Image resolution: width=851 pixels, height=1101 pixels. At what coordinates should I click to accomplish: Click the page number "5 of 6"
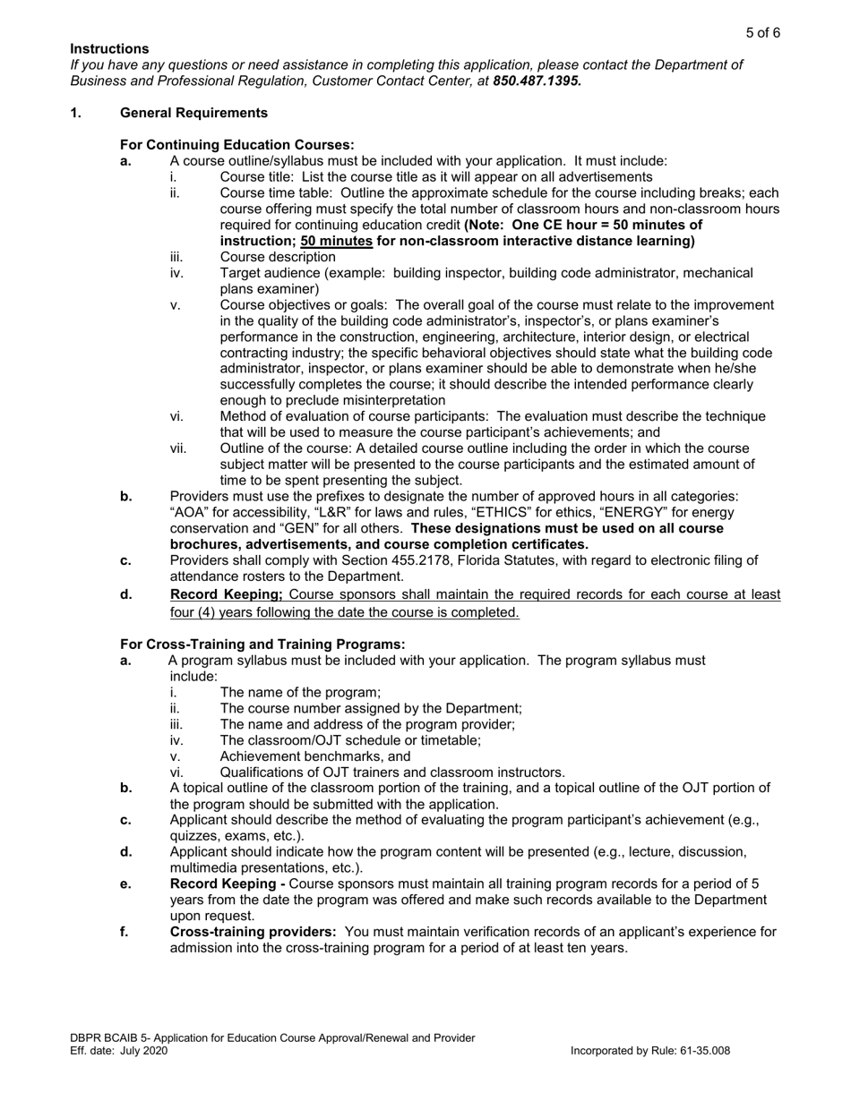click(x=763, y=33)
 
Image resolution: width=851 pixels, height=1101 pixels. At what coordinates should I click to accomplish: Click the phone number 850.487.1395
click(x=537, y=81)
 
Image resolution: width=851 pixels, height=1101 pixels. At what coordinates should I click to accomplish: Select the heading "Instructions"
click(x=109, y=48)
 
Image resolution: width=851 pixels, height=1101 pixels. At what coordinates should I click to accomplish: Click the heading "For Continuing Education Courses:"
click(x=236, y=145)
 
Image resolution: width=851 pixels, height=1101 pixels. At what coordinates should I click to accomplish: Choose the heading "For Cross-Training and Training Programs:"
click(x=262, y=644)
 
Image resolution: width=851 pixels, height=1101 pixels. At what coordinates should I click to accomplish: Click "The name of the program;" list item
click(x=300, y=692)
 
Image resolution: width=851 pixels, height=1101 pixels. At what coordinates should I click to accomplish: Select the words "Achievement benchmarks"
click(x=292, y=756)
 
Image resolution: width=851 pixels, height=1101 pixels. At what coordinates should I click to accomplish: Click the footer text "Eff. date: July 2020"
click(x=119, y=1051)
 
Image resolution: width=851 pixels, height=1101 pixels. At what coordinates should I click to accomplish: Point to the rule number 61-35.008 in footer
click(x=700, y=1051)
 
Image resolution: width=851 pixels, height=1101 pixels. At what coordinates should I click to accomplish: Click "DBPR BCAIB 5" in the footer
click(x=111, y=1038)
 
